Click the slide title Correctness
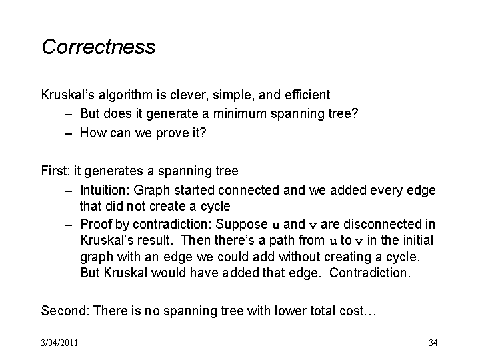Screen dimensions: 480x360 tap(98, 47)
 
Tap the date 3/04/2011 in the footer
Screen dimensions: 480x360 tap(59, 343)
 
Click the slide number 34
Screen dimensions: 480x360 tap(433, 343)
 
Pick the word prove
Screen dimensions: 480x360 tap(169, 133)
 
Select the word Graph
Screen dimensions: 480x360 tap(151, 191)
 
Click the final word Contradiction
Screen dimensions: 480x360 tap(370, 273)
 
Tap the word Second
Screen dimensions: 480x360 tap(65, 311)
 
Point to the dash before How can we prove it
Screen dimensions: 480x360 tap(69, 134)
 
